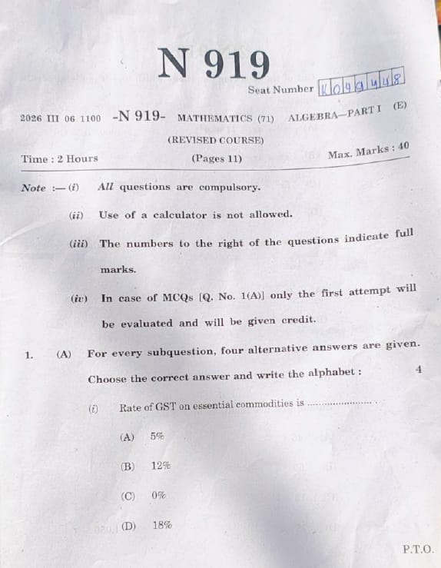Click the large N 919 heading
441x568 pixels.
click(214, 64)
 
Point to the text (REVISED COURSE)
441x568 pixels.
click(215, 140)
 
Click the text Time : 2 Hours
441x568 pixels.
click(60, 159)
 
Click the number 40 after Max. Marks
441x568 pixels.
click(403, 145)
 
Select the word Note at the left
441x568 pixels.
click(34, 188)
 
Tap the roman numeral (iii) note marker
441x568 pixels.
click(78, 244)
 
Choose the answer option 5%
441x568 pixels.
click(157, 436)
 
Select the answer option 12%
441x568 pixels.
click(161, 466)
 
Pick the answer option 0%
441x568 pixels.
click(159, 496)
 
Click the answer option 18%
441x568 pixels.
click(161, 526)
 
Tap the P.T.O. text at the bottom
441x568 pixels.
click(418, 550)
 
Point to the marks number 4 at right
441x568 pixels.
click(418, 370)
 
